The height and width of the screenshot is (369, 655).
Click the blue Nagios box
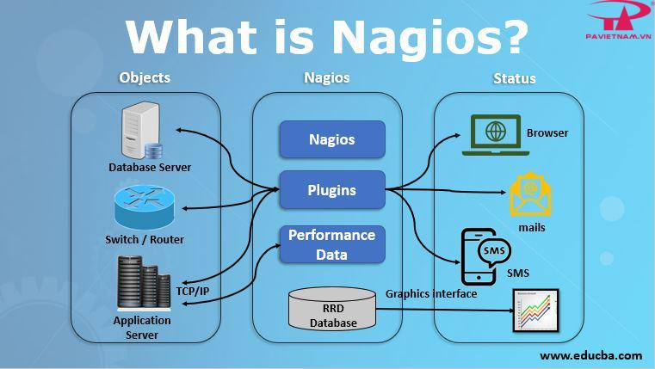point(331,138)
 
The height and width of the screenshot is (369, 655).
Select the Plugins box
point(331,189)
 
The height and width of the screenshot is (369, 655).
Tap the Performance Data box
point(331,244)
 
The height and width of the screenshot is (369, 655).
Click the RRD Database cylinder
point(332,309)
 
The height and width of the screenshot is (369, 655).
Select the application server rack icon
point(142,285)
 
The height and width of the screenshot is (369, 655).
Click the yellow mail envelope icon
point(530,195)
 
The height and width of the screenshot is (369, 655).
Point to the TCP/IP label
point(193,292)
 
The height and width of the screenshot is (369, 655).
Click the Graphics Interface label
point(431,293)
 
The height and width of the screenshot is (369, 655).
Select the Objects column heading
point(144,77)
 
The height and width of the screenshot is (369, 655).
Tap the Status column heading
point(514,78)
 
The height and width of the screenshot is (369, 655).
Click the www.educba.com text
point(590,354)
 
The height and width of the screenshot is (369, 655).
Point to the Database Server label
point(150,167)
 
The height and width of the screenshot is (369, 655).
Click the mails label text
point(531,228)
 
